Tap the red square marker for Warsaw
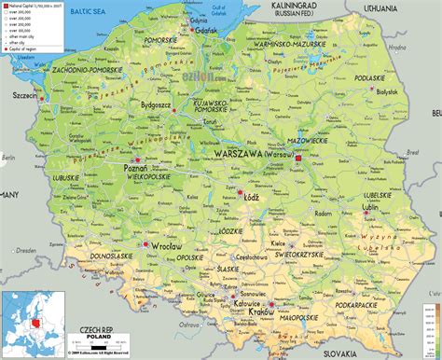[298, 159]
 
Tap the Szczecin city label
[21, 94]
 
